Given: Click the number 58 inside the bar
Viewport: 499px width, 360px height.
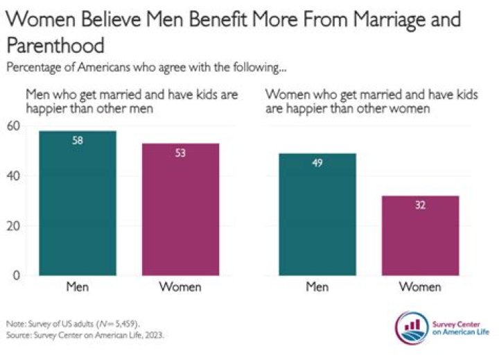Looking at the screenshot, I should point(77,141).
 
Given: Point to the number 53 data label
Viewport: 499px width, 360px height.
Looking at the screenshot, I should point(180,153).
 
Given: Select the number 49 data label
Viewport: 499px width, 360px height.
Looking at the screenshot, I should point(318,164).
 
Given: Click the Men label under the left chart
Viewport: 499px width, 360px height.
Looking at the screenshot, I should point(77,287).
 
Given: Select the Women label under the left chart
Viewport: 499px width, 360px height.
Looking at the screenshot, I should point(180,287).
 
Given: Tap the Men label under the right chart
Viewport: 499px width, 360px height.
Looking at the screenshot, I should point(318,287).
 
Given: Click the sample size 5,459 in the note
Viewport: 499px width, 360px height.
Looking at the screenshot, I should point(125,324).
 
